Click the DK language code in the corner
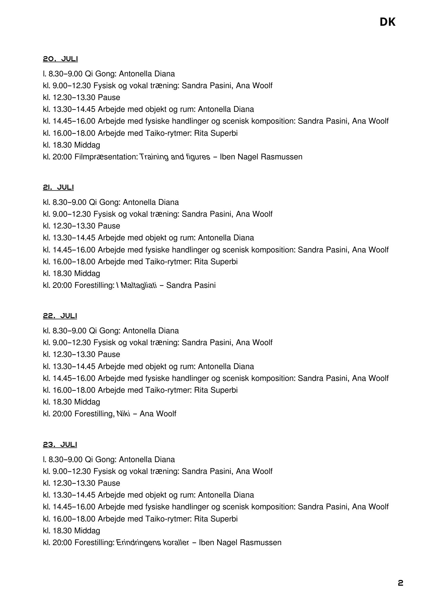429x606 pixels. point(387,22)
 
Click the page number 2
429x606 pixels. point(400,583)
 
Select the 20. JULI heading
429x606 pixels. point(60,59)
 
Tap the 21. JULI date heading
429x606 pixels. point(58,187)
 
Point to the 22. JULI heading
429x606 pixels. point(60,316)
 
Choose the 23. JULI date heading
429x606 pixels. point(60,445)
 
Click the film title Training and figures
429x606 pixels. point(175,157)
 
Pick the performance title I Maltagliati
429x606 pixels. point(137,285)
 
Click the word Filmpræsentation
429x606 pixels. point(106,157)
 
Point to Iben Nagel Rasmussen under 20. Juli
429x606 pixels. point(261,157)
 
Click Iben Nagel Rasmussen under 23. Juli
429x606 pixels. point(240,542)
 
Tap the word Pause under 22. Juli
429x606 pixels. point(109,354)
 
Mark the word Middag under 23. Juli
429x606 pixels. point(87,531)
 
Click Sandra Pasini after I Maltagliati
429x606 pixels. point(191,285)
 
